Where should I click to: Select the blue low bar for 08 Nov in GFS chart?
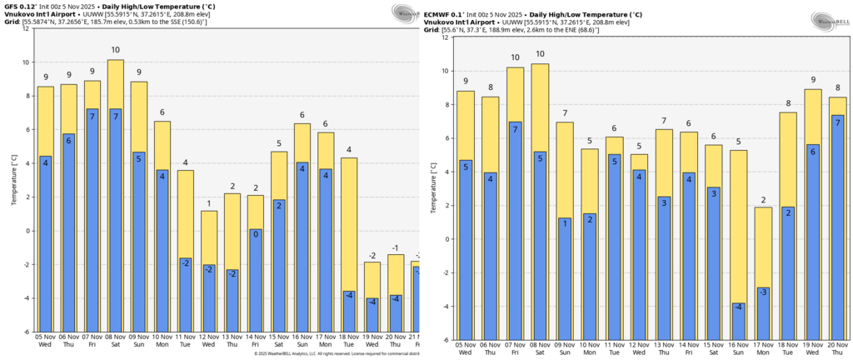[116, 219]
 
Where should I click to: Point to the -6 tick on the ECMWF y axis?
[447, 340]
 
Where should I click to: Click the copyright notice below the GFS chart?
[333, 354]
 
